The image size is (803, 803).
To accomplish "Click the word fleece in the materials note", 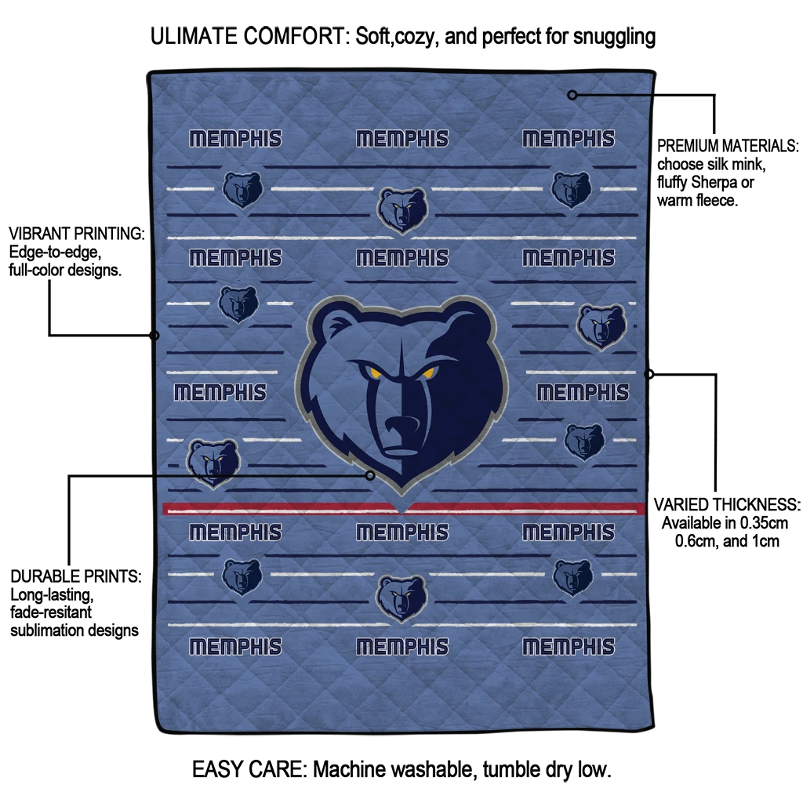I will coord(714,201).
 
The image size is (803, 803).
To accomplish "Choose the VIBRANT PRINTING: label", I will coord(77,234).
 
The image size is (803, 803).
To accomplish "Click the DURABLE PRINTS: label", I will coord(75,576).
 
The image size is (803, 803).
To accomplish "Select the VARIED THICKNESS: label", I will coord(727,504).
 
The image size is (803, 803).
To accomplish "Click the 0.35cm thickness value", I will coord(762,523).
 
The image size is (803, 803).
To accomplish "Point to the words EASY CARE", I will coord(249,769).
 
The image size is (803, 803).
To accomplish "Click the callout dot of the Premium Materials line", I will coord(572,95).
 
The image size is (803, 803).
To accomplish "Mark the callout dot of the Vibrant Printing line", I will coord(154,336).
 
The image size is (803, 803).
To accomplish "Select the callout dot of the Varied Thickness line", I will coord(649,374).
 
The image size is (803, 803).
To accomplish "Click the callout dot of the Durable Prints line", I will coord(371,474).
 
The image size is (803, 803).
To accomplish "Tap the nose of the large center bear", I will coord(405,428).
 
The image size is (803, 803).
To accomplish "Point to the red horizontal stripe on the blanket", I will coord(274,509).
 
